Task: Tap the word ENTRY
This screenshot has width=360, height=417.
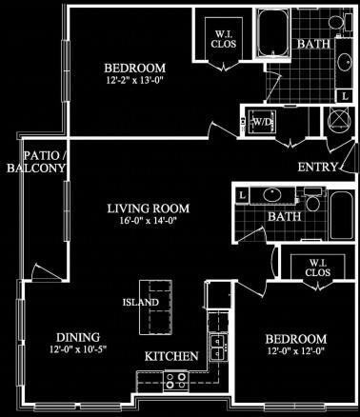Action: [x=317, y=168]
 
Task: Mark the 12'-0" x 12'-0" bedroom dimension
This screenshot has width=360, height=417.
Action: [x=297, y=352]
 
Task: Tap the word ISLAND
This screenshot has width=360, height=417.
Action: [x=135, y=303]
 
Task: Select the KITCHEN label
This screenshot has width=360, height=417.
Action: [x=171, y=356]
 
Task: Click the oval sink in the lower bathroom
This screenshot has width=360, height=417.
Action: [x=270, y=198]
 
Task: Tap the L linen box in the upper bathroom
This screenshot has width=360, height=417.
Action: [x=344, y=96]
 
